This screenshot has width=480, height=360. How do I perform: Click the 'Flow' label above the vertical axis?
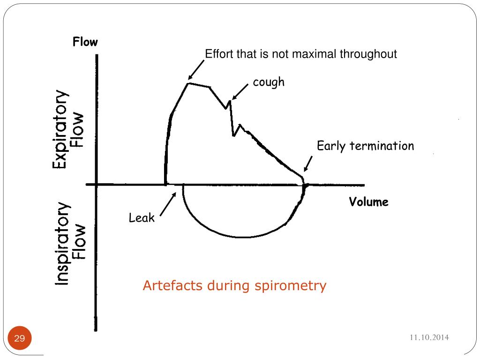[85, 42]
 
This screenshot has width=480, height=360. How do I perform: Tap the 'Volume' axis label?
[368, 202]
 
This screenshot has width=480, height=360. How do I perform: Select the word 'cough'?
[269, 82]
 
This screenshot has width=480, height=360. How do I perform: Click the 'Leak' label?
[142, 218]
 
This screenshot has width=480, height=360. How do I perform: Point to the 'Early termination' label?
[365, 146]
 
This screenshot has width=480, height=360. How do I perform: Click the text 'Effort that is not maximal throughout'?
[301, 54]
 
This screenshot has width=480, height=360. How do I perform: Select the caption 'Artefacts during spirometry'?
[234, 285]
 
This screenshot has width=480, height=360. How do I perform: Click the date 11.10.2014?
[429, 337]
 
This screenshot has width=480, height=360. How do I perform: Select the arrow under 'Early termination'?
[307, 164]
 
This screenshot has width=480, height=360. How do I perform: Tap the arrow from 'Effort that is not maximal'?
[196, 70]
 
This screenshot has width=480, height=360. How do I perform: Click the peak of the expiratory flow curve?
[188, 83]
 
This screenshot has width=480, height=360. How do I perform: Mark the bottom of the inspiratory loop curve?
[241, 237]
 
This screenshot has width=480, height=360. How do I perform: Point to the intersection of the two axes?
[97, 185]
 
